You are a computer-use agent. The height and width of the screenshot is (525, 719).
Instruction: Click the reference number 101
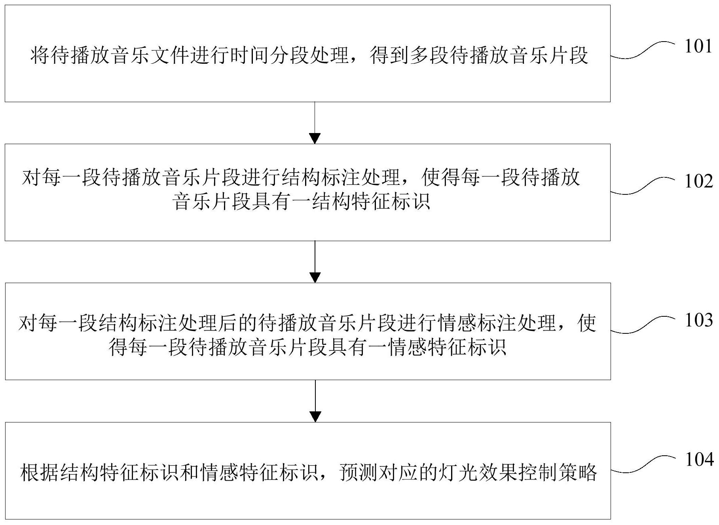click(699, 47)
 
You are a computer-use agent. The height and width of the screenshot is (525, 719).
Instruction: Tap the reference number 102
click(699, 181)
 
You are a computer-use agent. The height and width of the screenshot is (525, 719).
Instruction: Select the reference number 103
click(699, 320)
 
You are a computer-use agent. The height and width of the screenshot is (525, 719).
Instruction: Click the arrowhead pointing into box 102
click(315, 139)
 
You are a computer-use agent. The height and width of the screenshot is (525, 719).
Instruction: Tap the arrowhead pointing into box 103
click(315, 278)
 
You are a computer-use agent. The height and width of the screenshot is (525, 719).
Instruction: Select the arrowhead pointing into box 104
click(315, 417)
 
